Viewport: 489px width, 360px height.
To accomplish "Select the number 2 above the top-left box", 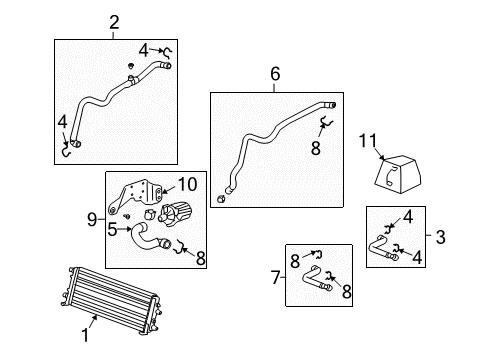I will click(x=115, y=22).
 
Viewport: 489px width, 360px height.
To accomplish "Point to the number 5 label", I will click(x=113, y=229).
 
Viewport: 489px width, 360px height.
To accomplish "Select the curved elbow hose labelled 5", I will click(x=146, y=240).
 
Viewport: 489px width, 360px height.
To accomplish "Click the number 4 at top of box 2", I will click(x=144, y=49).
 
